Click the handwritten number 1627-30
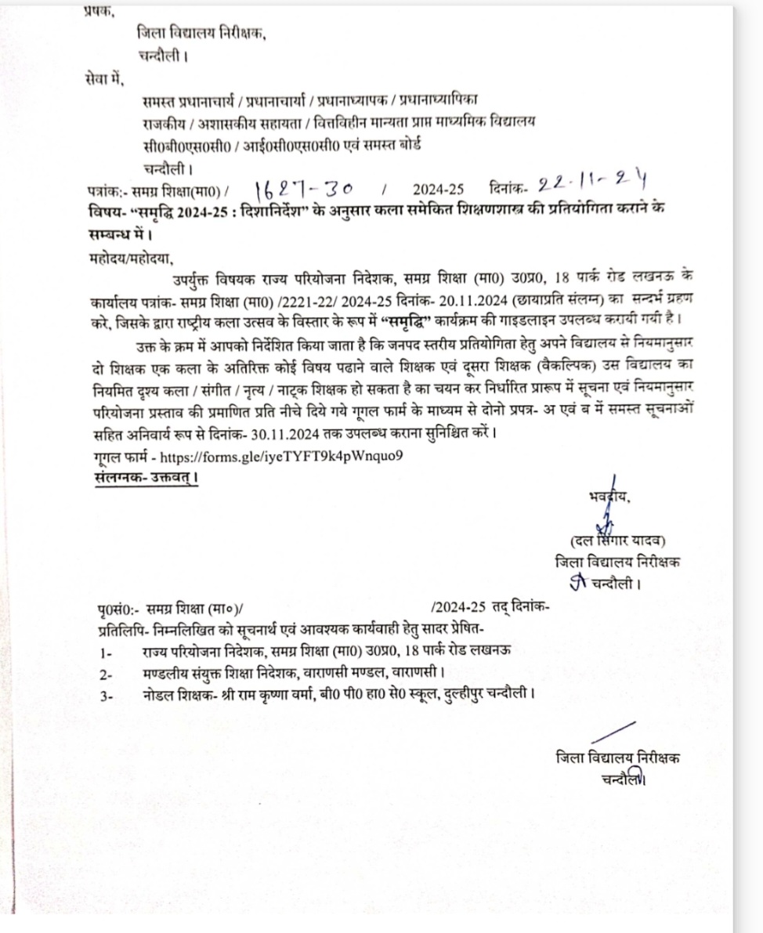[x=304, y=188]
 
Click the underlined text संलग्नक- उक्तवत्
[x=144, y=476]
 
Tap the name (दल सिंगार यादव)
[x=618, y=540]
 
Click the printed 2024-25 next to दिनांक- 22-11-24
[x=439, y=190]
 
